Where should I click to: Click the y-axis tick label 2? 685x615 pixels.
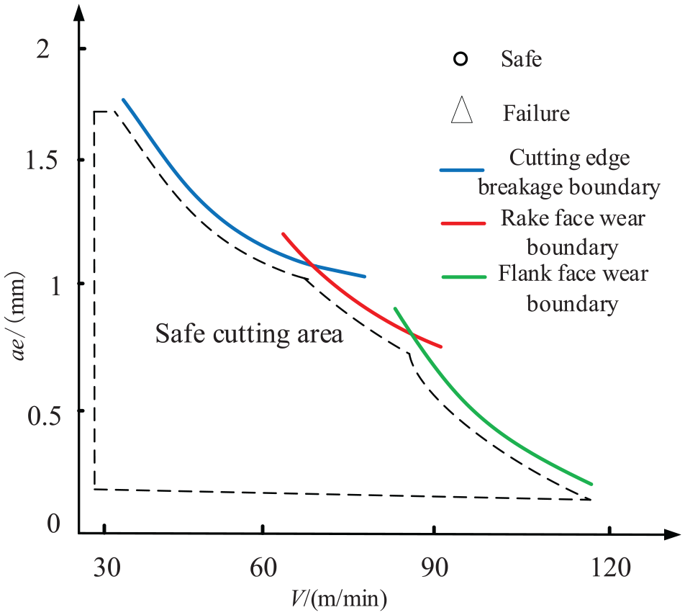point(43,50)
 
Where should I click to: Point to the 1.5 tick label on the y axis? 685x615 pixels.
point(42,160)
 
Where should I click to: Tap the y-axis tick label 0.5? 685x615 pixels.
point(44,416)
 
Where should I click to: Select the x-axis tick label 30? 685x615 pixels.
point(106,567)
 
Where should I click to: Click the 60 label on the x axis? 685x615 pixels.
point(263,567)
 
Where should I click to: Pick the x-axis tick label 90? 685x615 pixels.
point(435,567)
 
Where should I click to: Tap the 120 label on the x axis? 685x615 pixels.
point(611,567)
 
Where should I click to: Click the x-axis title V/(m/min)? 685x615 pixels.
point(339,598)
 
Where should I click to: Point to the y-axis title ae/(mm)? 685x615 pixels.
point(18,316)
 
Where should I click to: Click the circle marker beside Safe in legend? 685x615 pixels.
point(461,59)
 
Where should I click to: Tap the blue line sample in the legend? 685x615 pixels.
point(462,170)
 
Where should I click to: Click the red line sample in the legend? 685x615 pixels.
point(463,223)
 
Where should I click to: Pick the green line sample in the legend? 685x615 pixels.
point(464,277)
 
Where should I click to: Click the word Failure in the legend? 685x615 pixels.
point(537,113)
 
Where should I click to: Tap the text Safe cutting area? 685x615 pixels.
point(249,334)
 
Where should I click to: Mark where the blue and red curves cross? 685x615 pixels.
point(312,264)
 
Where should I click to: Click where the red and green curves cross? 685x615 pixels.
point(411,334)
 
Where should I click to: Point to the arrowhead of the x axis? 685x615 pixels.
point(672,534)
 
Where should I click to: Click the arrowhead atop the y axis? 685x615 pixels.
point(78,14)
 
